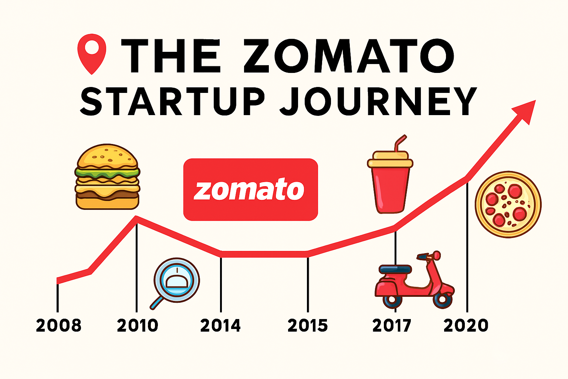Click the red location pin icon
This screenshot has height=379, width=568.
coord(92,52)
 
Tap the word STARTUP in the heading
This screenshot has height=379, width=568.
coord(173,101)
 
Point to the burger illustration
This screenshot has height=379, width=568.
coord(108,177)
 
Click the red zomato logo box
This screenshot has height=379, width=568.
coord(250,189)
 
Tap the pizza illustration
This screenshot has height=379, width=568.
coord(508,204)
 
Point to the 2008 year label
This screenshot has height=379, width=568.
coord(58,326)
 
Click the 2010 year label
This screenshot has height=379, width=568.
coord(137,326)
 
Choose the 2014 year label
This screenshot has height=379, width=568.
coord(220,326)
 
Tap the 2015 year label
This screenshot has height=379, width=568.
coord(308,326)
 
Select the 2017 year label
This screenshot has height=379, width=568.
coord(392,326)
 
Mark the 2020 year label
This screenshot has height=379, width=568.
coord(466,326)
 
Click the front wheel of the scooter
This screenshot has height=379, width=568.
coord(443,300)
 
